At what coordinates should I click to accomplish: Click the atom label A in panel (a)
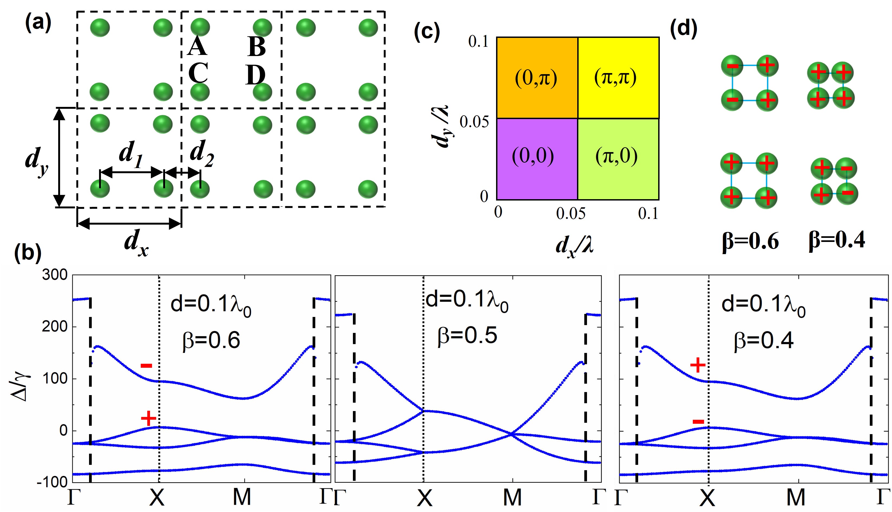[x=197, y=47]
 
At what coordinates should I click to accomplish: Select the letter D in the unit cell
[x=255, y=75]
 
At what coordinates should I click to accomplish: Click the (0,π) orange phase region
[x=537, y=78]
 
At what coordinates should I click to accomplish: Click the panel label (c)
[x=427, y=32]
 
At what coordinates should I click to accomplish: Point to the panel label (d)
[x=684, y=28]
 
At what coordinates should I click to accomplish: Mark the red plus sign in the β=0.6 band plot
[x=148, y=418]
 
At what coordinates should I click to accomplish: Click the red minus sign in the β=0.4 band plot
[x=698, y=422]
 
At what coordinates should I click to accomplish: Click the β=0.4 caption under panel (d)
[x=837, y=241]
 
